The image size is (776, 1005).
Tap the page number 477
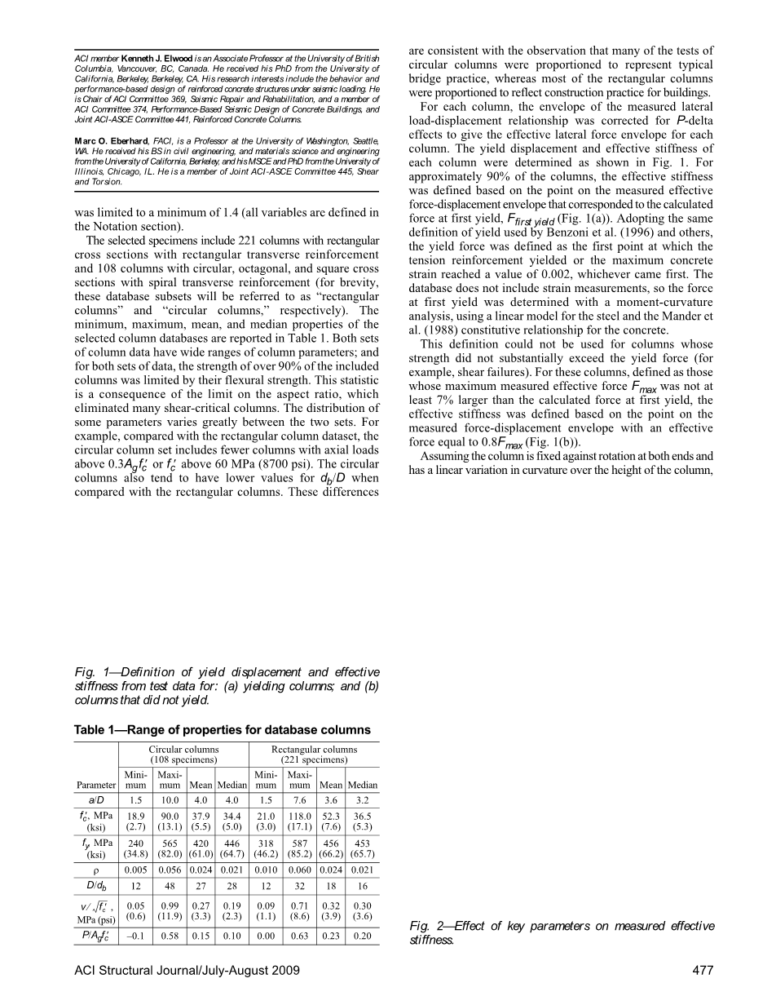703,970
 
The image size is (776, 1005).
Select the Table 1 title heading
222,729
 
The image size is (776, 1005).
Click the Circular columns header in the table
183,754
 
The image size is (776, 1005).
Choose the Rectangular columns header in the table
314,754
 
